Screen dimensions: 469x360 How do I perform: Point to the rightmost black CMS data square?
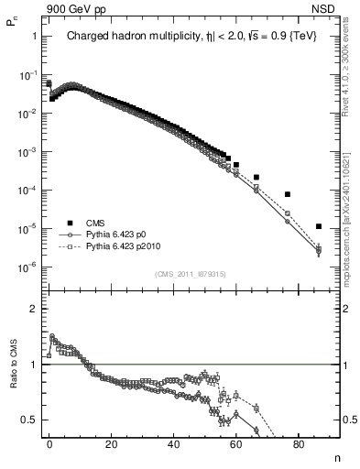[x=318, y=226]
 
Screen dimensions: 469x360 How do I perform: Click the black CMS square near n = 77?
[x=288, y=194]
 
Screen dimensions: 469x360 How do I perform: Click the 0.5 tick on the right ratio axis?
[x=344, y=420]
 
